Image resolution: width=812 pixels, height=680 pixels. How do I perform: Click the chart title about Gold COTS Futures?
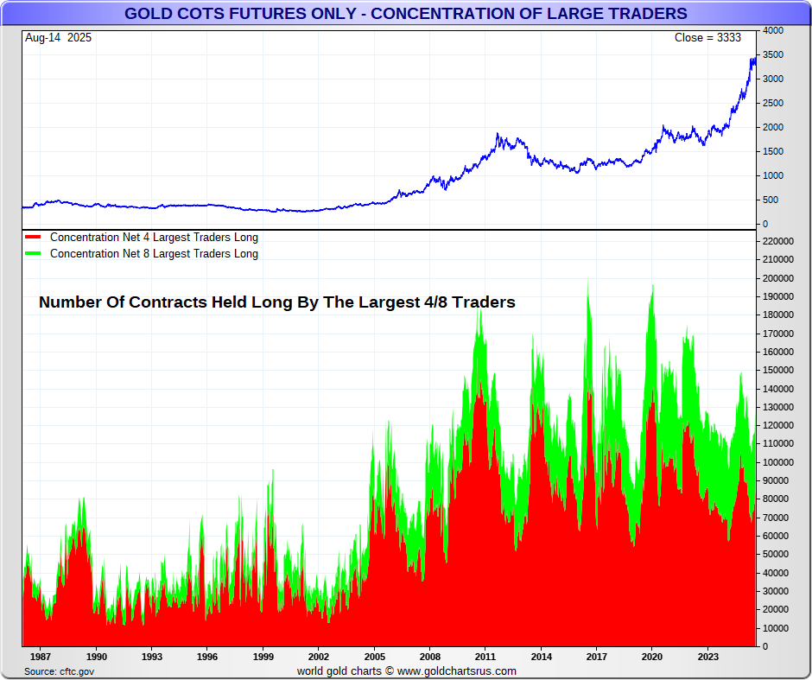point(406,13)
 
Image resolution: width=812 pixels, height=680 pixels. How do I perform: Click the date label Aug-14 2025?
point(59,38)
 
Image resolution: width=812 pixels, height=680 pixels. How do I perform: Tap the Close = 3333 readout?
point(707,38)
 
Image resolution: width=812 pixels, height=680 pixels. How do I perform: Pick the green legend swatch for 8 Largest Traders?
point(34,254)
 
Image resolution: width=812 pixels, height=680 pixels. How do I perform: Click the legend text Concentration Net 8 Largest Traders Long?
point(154,254)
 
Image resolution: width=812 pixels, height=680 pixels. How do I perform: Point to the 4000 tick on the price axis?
point(773,31)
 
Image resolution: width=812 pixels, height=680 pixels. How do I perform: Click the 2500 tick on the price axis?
point(773,104)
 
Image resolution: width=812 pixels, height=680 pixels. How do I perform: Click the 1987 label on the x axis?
point(41,656)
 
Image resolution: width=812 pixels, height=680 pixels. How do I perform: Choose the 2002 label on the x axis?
point(319,656)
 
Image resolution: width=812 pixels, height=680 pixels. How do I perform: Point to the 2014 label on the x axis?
point(541,656)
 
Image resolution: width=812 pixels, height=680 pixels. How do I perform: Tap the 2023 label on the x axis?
point(707,656)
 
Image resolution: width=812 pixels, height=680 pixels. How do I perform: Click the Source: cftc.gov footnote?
point(60,671)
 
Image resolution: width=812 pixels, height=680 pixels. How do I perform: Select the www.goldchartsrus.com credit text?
point(457,671)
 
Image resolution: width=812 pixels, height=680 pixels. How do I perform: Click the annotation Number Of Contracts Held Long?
point(277,302)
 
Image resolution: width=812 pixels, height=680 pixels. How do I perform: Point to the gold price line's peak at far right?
point(753,59)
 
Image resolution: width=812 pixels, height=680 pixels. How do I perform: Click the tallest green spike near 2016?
point(588,281)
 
